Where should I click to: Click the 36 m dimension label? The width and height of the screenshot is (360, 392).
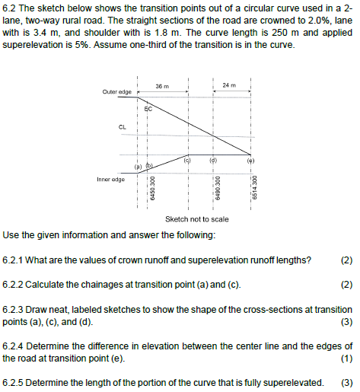pos(161,86)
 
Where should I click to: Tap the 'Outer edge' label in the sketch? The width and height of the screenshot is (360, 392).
pos(116,92)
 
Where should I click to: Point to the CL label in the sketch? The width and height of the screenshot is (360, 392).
pos(123,127)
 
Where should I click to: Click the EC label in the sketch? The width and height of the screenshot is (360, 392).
pos(148,110)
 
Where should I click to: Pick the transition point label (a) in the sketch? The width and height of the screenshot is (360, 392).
pos(139,164)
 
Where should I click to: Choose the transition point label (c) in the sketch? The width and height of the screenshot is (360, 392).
pos(186,161)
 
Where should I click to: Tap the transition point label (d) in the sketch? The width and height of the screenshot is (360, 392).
pos(214,161)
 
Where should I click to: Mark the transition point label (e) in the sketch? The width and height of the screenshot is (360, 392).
pos(250,161)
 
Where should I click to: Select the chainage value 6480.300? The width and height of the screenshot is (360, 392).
pos(218,189)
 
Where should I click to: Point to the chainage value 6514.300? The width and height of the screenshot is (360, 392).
pos(255,189)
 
